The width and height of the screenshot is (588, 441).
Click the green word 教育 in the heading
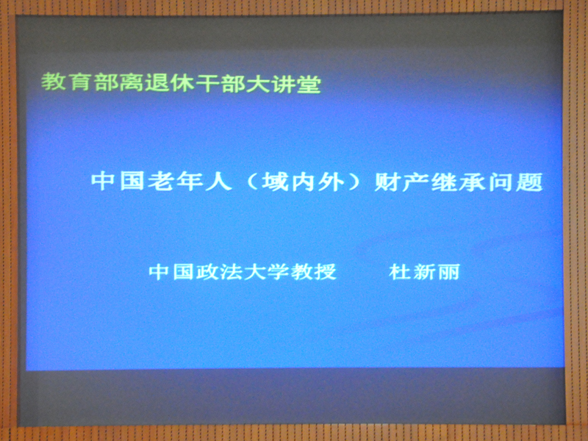click(x=65, y=82)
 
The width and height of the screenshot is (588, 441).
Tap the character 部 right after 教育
click(x=106, y=82)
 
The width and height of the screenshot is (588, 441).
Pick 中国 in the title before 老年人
click(x=118, y=181)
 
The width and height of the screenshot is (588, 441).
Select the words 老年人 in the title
click(x=189, y=181)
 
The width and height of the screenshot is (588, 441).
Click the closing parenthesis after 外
click(x=354, y=182)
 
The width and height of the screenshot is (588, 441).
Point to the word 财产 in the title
click(x=401, y=182)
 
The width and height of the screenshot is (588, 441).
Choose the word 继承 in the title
click(x=458, y=182)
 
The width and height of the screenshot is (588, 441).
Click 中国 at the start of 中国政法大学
click(x=171, y=271)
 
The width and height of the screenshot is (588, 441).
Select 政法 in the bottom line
click(x=218, y=271)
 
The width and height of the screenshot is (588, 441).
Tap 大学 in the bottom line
click(x=265, y=271)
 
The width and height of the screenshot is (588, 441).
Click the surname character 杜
click(x=400, y=272)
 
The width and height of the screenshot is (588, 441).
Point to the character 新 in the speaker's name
click(x=424, y=272)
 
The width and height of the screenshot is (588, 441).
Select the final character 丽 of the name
click(x=448, y=272)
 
